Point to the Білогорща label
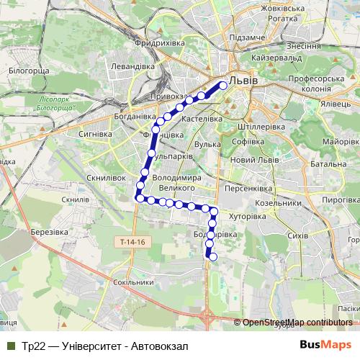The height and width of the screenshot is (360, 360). point(29,71)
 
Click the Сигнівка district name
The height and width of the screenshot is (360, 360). point(94,134)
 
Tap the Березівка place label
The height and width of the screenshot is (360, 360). point(50,232)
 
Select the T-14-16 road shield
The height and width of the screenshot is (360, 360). point(133,242)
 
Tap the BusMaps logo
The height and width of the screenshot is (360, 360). point(326,345)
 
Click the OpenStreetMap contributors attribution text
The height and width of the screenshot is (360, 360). point(297,322)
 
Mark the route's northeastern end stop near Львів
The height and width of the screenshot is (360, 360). point(223,85)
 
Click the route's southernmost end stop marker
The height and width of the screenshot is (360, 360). point(212,256)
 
